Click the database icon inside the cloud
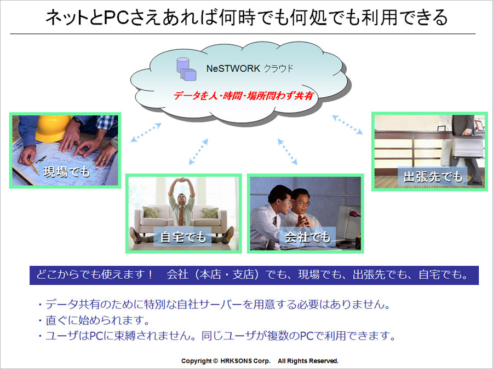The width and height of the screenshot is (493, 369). (186, 69)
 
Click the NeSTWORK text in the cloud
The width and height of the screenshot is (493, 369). (233, 68)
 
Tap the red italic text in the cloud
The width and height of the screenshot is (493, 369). (243, 96)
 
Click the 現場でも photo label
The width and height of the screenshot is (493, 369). (67, 172)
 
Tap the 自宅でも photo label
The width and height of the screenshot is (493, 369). (182, 237)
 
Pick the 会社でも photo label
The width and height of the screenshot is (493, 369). (307, 237)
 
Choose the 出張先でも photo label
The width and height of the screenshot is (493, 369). (433, 177)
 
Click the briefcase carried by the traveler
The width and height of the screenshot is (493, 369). (467, 147)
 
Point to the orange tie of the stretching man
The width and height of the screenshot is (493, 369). (181, 215)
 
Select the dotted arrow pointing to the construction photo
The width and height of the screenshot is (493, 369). (146, 132)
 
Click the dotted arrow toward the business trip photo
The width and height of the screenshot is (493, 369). (347, 125)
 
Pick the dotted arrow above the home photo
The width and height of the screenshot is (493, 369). (198, 152)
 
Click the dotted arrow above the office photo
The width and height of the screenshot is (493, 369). (288, 152)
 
